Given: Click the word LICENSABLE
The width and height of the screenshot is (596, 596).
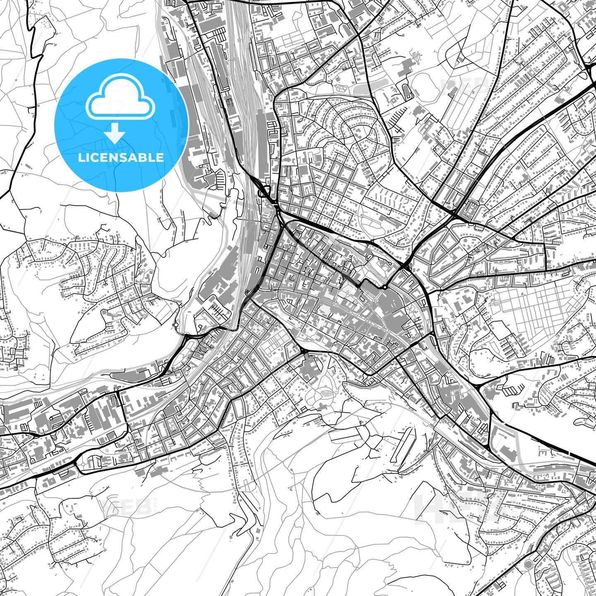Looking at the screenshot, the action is (x=121, y=157).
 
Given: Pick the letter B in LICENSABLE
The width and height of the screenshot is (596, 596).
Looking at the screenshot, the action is (x=148, y=157).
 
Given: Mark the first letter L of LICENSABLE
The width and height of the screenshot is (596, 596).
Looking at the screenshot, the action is (x=81, y=157).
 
